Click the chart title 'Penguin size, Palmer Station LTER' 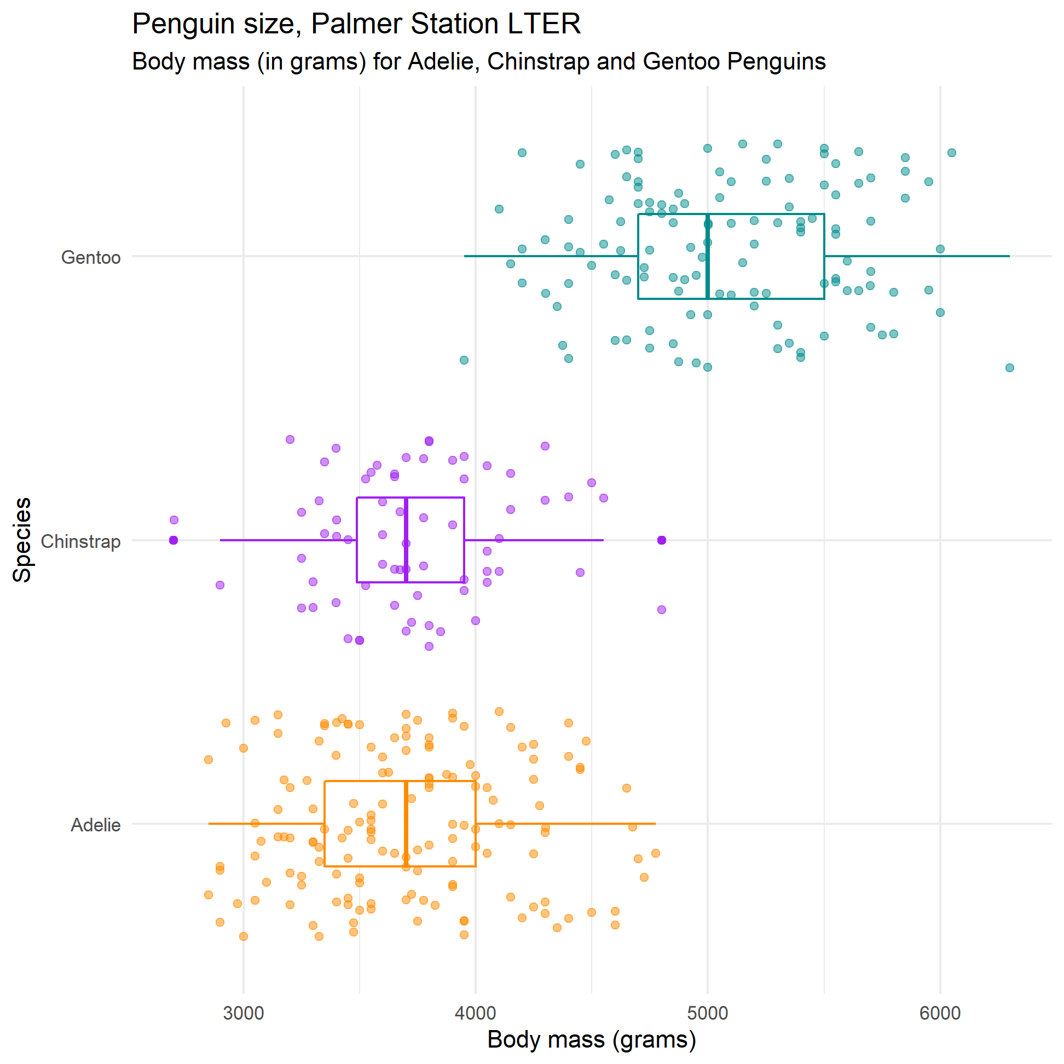[x=356, y=24]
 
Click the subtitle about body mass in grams [x=478, y=61]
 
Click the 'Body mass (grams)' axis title [x=592, y=1039]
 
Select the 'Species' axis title [x=22, y=540]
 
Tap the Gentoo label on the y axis [x=91, y=257]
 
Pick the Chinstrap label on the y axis [x=80, y=541]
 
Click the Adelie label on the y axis [x=95, y=825]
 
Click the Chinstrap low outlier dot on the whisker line [x=174, y=540]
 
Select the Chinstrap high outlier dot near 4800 [x=661, y=540]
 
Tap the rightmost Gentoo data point [x=1009, y=368]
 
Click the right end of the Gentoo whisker [x=1009, y=256]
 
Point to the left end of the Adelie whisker [x=209, y=824]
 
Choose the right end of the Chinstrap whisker [x=603, y=540]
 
